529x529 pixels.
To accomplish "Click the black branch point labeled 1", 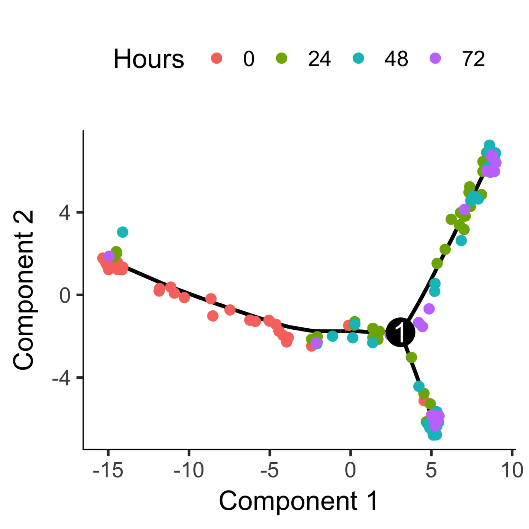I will pos(400,332).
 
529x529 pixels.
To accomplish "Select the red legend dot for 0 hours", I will pos(217,58).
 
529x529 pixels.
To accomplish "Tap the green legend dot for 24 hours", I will pos(281,58).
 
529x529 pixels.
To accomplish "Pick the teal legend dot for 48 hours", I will pos(358,58).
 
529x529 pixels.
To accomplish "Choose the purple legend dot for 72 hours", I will pos(436,58).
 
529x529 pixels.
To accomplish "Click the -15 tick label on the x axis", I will pos(108,470).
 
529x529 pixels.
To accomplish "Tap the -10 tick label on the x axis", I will pos(189,470).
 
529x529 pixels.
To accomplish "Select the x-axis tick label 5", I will pos(431,470).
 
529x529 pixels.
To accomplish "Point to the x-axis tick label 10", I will pos(512,470).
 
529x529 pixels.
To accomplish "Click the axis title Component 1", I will pos(298,501).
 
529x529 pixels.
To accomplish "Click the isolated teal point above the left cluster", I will pos(122,232).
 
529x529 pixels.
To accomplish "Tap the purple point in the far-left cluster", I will pos(109,256).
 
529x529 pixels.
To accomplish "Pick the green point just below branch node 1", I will pos(411,358).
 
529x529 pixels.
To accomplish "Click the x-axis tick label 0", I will pos(350,470).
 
